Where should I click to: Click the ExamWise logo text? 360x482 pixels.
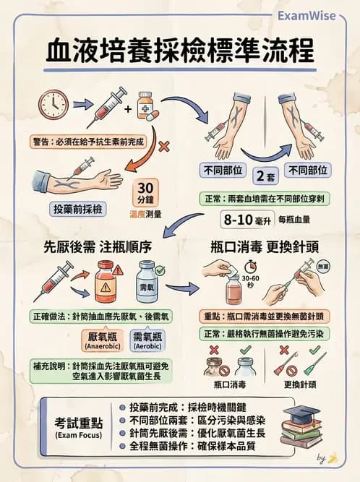click(307, 15)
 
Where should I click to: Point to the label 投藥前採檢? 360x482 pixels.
click(77, 208)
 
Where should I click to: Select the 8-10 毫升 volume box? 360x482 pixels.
click(244, 218)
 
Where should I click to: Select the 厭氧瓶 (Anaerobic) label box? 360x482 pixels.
click(102, 341)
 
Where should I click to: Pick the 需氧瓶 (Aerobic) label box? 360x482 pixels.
click(147, 341)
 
